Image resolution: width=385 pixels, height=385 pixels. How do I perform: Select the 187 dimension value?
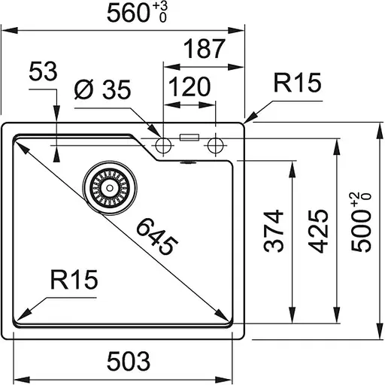(x=204, y=50)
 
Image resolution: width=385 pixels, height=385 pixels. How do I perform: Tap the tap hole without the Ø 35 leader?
(x=217, y=143)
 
